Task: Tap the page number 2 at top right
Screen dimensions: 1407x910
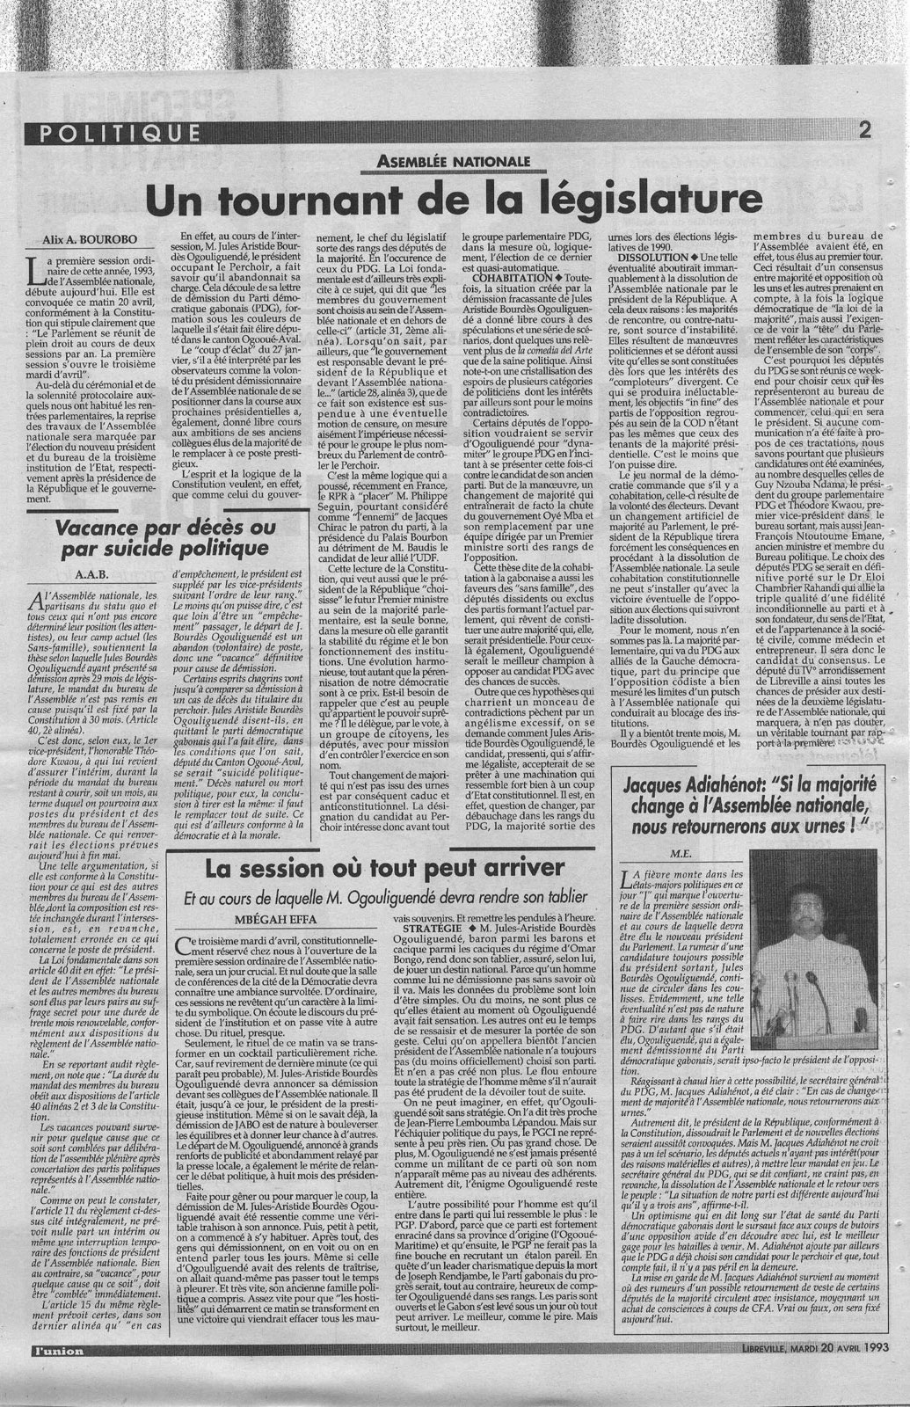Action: tap(865, 132)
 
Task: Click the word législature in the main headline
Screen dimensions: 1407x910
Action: tap(642, 197)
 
